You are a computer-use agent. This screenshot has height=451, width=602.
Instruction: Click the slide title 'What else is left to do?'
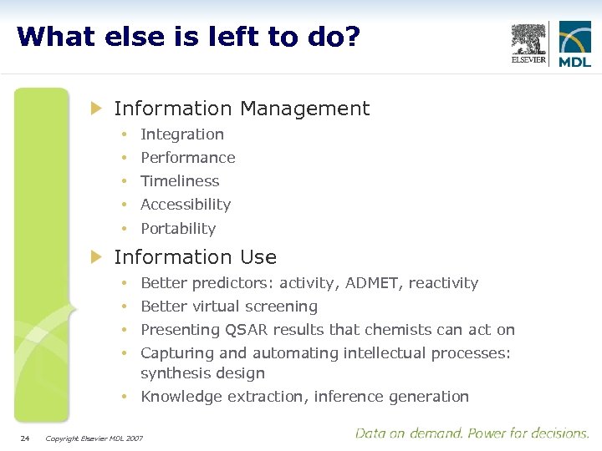point(188,37)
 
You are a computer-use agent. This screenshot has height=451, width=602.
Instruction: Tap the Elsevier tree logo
point(528,43)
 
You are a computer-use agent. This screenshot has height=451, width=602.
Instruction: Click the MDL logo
point(574,44)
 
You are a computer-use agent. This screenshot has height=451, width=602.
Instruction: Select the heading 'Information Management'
point(241,109)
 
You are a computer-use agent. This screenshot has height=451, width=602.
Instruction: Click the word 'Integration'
point(182,134)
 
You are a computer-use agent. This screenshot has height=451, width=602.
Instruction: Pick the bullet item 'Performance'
point(188,158)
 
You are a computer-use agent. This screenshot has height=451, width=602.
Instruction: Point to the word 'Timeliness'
point(180,181)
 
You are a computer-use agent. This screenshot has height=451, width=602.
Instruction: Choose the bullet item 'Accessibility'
point(186,205)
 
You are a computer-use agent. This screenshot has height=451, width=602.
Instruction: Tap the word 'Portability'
point(178,229)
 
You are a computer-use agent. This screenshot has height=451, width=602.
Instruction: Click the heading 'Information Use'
point(195,257)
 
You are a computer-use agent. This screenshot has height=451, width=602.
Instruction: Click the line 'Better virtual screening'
point(229,307)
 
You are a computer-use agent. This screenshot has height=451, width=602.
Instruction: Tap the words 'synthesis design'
point(202,373)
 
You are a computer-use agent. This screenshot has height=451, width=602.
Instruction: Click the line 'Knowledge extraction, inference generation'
point(304,397)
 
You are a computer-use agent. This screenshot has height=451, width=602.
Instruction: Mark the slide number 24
point(24,438)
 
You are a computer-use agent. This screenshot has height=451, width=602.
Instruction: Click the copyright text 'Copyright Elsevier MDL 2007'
point(94,438)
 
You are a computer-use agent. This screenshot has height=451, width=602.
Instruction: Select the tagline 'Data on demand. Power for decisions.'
point(472,433)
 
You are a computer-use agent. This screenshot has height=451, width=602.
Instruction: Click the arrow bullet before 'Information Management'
point(96,109)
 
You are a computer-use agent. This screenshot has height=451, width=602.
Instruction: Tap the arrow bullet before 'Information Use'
point(96,257)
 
